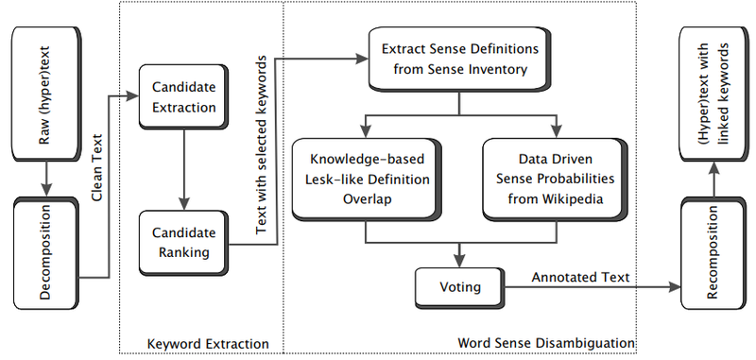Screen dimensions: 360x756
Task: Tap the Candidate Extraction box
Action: [x=183, y=96]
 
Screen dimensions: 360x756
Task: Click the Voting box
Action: [x=459, y=286]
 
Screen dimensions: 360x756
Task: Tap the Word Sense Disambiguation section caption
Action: [x=544, y=342]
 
